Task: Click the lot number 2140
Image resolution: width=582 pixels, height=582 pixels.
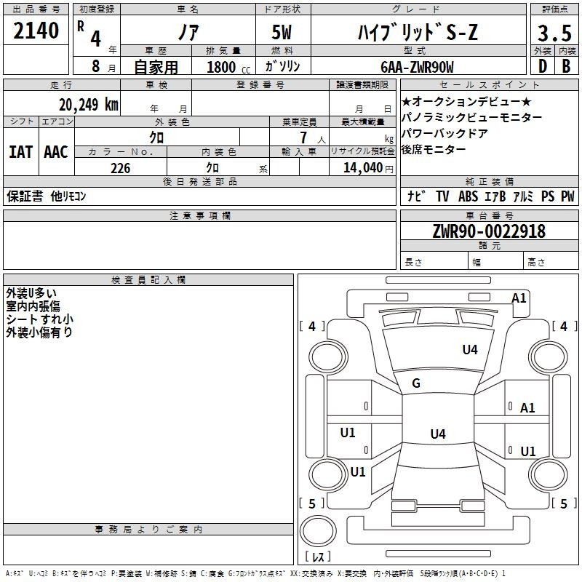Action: tap(36, 31)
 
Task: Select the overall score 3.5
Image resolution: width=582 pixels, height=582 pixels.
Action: tap(554, 33)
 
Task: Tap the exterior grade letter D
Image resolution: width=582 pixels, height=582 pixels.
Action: tap(543, 66)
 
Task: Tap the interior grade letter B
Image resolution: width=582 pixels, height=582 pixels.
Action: tap(566, 66)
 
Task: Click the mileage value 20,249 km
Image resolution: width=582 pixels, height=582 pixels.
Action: tap(89, 105)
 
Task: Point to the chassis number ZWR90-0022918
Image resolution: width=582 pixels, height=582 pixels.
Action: tap(489, 231)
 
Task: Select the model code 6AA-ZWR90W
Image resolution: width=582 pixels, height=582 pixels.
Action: tap(417, 67)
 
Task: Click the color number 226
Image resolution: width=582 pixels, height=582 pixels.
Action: tap(121, 168)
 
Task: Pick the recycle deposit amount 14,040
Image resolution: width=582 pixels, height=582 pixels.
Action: tap(363, 168)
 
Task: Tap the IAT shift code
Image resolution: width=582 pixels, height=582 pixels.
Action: tap(20, 152)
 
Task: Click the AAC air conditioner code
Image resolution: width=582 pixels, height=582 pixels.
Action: tap(56, 152)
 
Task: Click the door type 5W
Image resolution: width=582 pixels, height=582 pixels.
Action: tap(282, 32)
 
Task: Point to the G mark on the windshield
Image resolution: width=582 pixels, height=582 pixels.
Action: tap(416, 383)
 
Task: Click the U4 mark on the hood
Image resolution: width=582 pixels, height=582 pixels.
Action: tap(470, 349)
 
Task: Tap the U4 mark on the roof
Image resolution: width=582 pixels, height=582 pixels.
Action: tap(438, 434)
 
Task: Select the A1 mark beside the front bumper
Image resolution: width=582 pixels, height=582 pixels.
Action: tap(519, 298)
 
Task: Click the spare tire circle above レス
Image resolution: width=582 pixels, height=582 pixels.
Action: tap(318, 531)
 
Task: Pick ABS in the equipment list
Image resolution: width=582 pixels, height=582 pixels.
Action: tap(468, 196)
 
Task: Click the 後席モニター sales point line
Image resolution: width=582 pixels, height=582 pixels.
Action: tap(433, 149)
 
